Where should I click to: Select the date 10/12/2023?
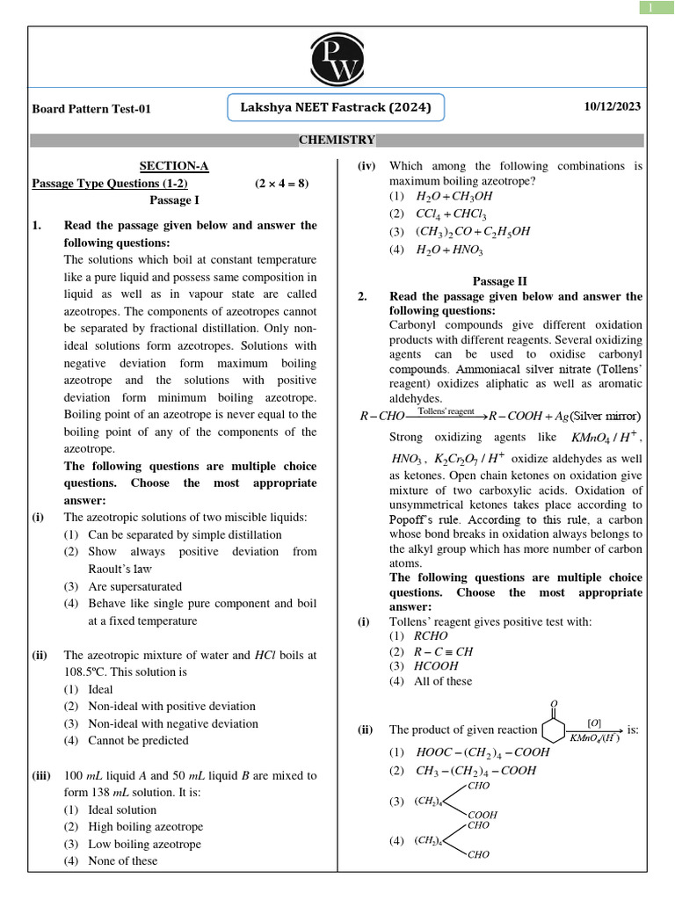(612, 106)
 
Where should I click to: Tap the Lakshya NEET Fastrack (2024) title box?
(336, 108)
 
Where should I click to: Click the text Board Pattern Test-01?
(91, 109)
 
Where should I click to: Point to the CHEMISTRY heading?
(337, 140)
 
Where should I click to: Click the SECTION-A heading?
(174, 166)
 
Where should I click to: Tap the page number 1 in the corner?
(650, 8)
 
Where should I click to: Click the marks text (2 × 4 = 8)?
(282, 183)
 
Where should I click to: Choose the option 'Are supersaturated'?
(134, 586)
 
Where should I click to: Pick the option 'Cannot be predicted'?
(138, 740)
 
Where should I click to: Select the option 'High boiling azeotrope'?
(145, 826)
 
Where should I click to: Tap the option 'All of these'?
(442, 680)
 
